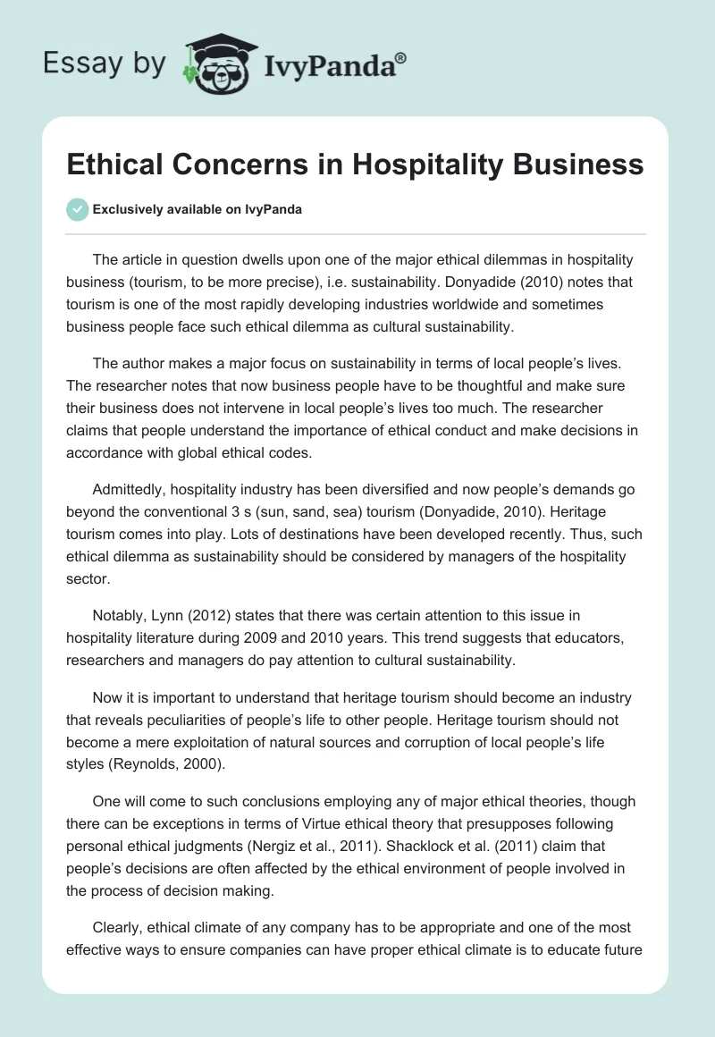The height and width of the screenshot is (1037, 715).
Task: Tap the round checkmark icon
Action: tap(77, 209)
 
